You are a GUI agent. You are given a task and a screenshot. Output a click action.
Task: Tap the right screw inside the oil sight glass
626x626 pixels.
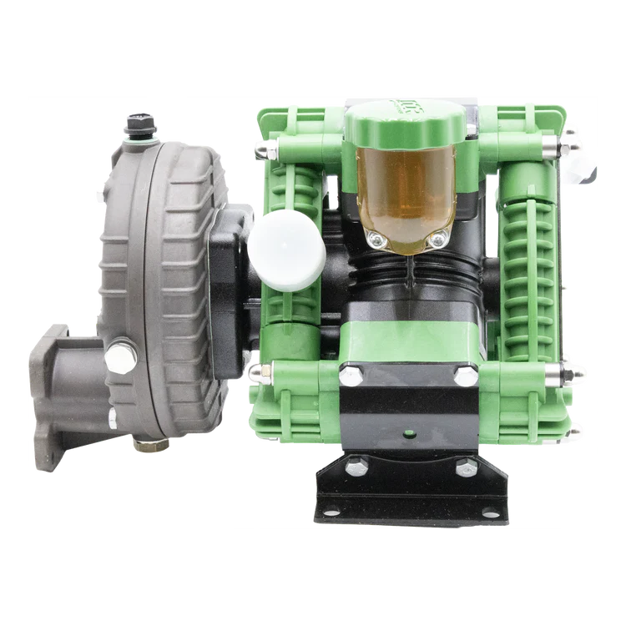click(x=435, y=241)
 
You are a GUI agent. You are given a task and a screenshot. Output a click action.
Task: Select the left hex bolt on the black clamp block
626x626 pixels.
click(x=347, y=376)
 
